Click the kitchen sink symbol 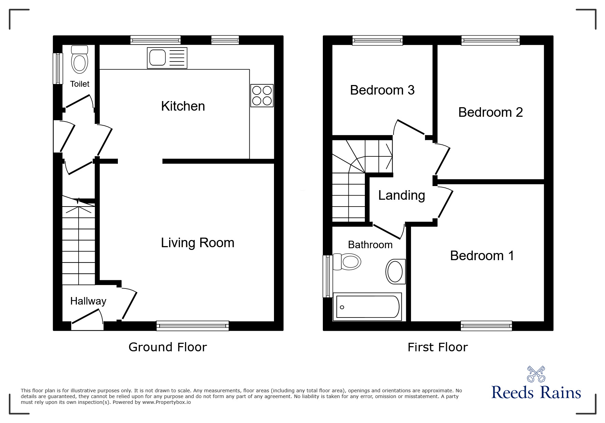(x=167, y=58)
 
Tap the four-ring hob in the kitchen (x=262, y=96)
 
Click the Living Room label (x=197, y=243)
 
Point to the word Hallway (x=88, y=301)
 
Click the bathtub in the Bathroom (x=367, y=307)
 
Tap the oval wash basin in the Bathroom (x=395, y=272)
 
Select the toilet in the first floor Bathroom (x=348, y=262)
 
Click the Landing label (x=401, y=195)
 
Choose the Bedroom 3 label (x=382, y=90)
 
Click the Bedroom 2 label (x=490, y=112)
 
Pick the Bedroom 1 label (x=482, y=256)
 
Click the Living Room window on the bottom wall (x=193, y=326)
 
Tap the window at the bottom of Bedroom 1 (x=486, y=326)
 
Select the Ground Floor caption (x=167, y=347)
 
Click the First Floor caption (x=437, y=348)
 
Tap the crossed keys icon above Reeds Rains (x=536, y=374)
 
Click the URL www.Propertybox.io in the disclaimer (x=166, y=402)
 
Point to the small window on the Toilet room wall (x=58, y=68)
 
